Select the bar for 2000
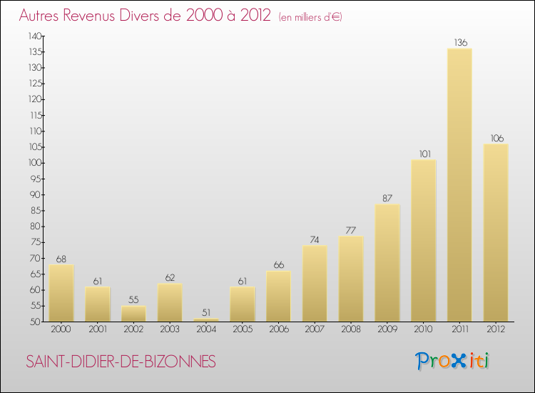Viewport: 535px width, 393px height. click(x=61, y=293)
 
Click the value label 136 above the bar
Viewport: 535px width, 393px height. click(x=460, y=43)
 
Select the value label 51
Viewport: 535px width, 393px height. click(x=206, y=312)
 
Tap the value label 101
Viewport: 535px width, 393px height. click(x=423, y=154)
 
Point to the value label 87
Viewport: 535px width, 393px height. click(x=387, y=198)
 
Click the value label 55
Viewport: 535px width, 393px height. click(x=133, y=299)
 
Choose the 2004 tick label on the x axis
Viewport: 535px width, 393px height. click(x=205, y=329)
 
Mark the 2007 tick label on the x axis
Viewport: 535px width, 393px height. click(x=315, y=329)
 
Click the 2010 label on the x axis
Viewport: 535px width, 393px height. click(x=423, y=329)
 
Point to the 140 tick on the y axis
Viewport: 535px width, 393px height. click(x=35, y=36)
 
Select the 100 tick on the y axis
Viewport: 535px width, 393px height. click(x=35, y=163)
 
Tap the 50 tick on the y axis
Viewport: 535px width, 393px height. click(x=36, y=322)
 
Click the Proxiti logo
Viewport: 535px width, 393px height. click(x=452, y=361)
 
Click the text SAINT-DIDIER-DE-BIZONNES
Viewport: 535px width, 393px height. click(x=121, y=362)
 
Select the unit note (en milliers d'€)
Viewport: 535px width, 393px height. click(x=310, y=16)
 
